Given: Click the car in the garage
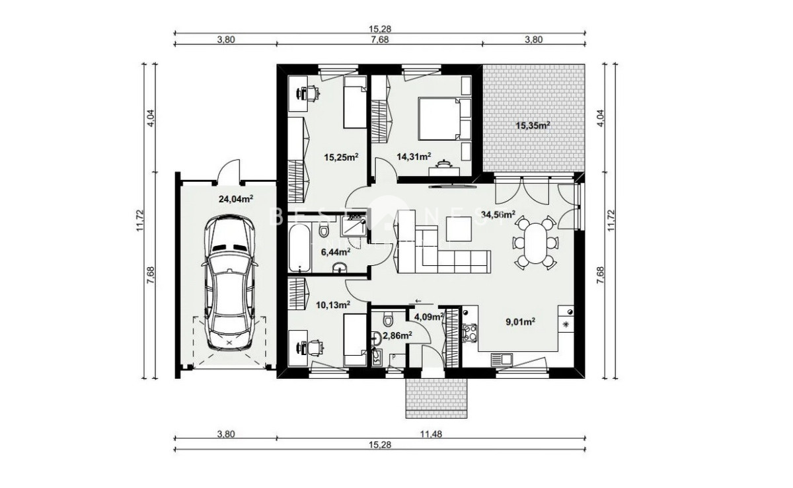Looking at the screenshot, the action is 229,282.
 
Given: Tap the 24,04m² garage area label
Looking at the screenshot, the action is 236,199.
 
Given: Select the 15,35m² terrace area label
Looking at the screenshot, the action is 533,126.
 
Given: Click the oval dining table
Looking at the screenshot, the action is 536,243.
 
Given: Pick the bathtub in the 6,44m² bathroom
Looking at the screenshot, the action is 300,248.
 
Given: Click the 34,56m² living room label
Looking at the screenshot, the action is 498,215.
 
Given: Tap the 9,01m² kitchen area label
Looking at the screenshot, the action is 520,322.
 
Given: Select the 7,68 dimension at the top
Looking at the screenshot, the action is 380,39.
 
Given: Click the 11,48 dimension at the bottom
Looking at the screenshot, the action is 431,434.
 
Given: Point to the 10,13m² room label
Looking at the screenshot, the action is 333,305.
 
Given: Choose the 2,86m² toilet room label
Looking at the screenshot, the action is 397,335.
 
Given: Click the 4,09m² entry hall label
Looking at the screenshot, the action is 429,317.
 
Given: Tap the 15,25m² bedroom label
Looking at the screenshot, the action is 342,157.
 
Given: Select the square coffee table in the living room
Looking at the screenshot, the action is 459,229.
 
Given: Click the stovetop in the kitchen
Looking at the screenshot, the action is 470,333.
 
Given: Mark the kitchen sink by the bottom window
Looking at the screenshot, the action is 502,360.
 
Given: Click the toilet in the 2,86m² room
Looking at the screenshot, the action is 388,319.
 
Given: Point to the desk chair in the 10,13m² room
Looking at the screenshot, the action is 315,347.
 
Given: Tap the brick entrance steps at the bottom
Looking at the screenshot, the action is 437,399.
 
